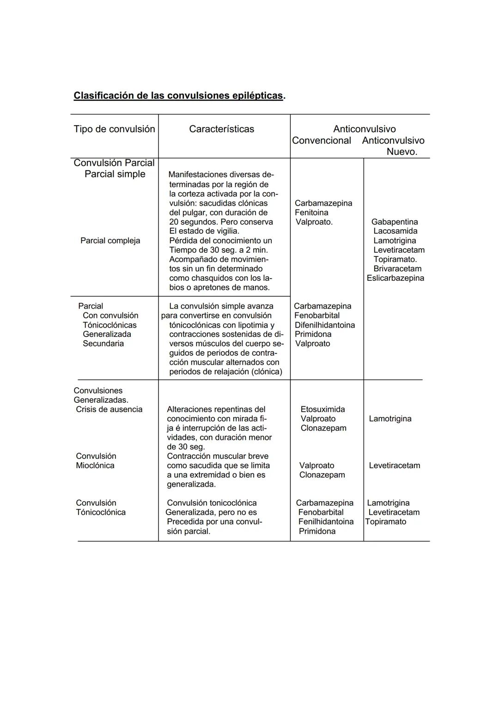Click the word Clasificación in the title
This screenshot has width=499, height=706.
click(103, 96)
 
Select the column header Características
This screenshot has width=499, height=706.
click(221, 129)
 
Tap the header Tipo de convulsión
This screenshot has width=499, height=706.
click(114, 129)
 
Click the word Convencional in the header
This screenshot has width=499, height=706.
click(321, 140)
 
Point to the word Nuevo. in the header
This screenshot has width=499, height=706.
click(402, 152)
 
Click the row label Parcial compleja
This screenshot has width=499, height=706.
click(110, 241)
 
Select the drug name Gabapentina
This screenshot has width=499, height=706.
click(394, 222)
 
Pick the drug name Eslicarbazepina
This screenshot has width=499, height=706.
click(395, 278)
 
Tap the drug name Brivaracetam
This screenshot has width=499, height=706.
click(397, 269)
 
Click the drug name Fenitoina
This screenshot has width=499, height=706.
click(311, 213)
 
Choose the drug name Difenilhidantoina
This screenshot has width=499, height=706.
click(324, 325)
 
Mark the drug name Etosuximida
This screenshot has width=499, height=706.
click(323, 409)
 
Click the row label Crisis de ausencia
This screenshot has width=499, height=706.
click(109, 409)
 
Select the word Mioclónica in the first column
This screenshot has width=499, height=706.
click(95, 466)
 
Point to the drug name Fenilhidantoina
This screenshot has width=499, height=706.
click(326, 522)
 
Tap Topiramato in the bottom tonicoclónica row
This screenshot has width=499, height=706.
click(386, 522)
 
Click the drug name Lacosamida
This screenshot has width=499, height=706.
click(395, 231)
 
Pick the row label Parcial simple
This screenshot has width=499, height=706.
click(115, 174)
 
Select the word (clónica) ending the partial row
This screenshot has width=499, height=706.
click(267, 372)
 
